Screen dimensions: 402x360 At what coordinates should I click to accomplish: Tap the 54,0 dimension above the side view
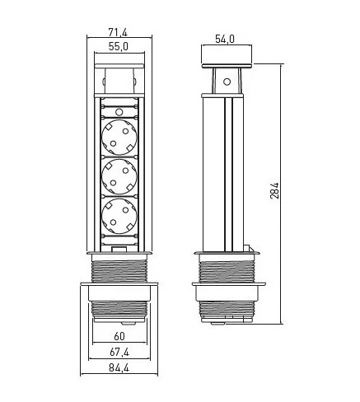click(225, 39)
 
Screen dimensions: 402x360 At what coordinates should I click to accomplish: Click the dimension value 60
click(120, 336)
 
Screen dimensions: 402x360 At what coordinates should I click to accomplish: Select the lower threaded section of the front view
click(120, 311)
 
